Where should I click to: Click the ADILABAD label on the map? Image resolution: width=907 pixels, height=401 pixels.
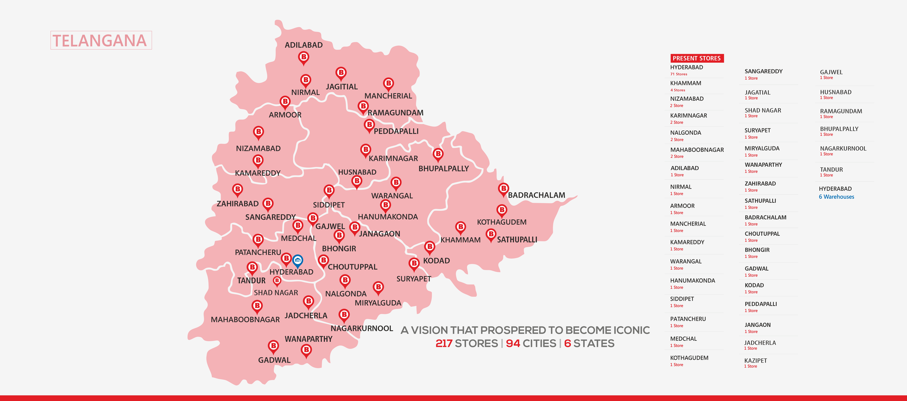tap(304, 45)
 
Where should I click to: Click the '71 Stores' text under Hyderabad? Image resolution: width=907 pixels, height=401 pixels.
tap(678, 74)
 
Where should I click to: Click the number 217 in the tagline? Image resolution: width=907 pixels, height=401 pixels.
tap(444, 343)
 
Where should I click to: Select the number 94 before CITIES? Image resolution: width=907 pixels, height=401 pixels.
tap(513, 343)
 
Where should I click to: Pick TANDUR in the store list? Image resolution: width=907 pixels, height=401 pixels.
tap(831, 170)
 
